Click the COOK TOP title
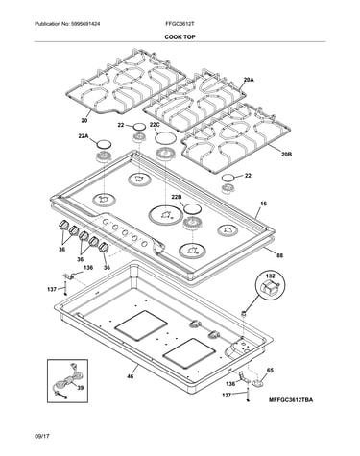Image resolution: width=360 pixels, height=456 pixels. coord(180,37)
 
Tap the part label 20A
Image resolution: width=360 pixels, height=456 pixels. coord(249,79)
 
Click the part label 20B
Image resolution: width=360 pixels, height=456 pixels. coord(286,155)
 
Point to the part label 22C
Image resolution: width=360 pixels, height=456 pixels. coord(155,125)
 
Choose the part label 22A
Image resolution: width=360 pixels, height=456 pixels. coord(84,136)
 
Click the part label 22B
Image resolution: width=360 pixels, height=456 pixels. coord(177,197)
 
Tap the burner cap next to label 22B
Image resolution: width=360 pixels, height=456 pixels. coord(192,209)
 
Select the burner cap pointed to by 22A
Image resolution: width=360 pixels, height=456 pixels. coord(105,144)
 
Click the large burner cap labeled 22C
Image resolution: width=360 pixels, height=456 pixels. coord(165,138)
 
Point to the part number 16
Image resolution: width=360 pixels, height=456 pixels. coord(263,204)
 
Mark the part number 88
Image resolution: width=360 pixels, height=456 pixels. coord(279,255)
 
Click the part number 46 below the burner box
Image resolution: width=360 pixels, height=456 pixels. coord(131,376)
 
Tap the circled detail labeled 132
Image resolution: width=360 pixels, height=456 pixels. coord(271,285)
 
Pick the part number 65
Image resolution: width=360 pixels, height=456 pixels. coord(270,371)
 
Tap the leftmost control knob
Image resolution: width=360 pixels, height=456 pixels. coord(64,225)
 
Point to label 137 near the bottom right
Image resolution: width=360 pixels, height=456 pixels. coord(227,396)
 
